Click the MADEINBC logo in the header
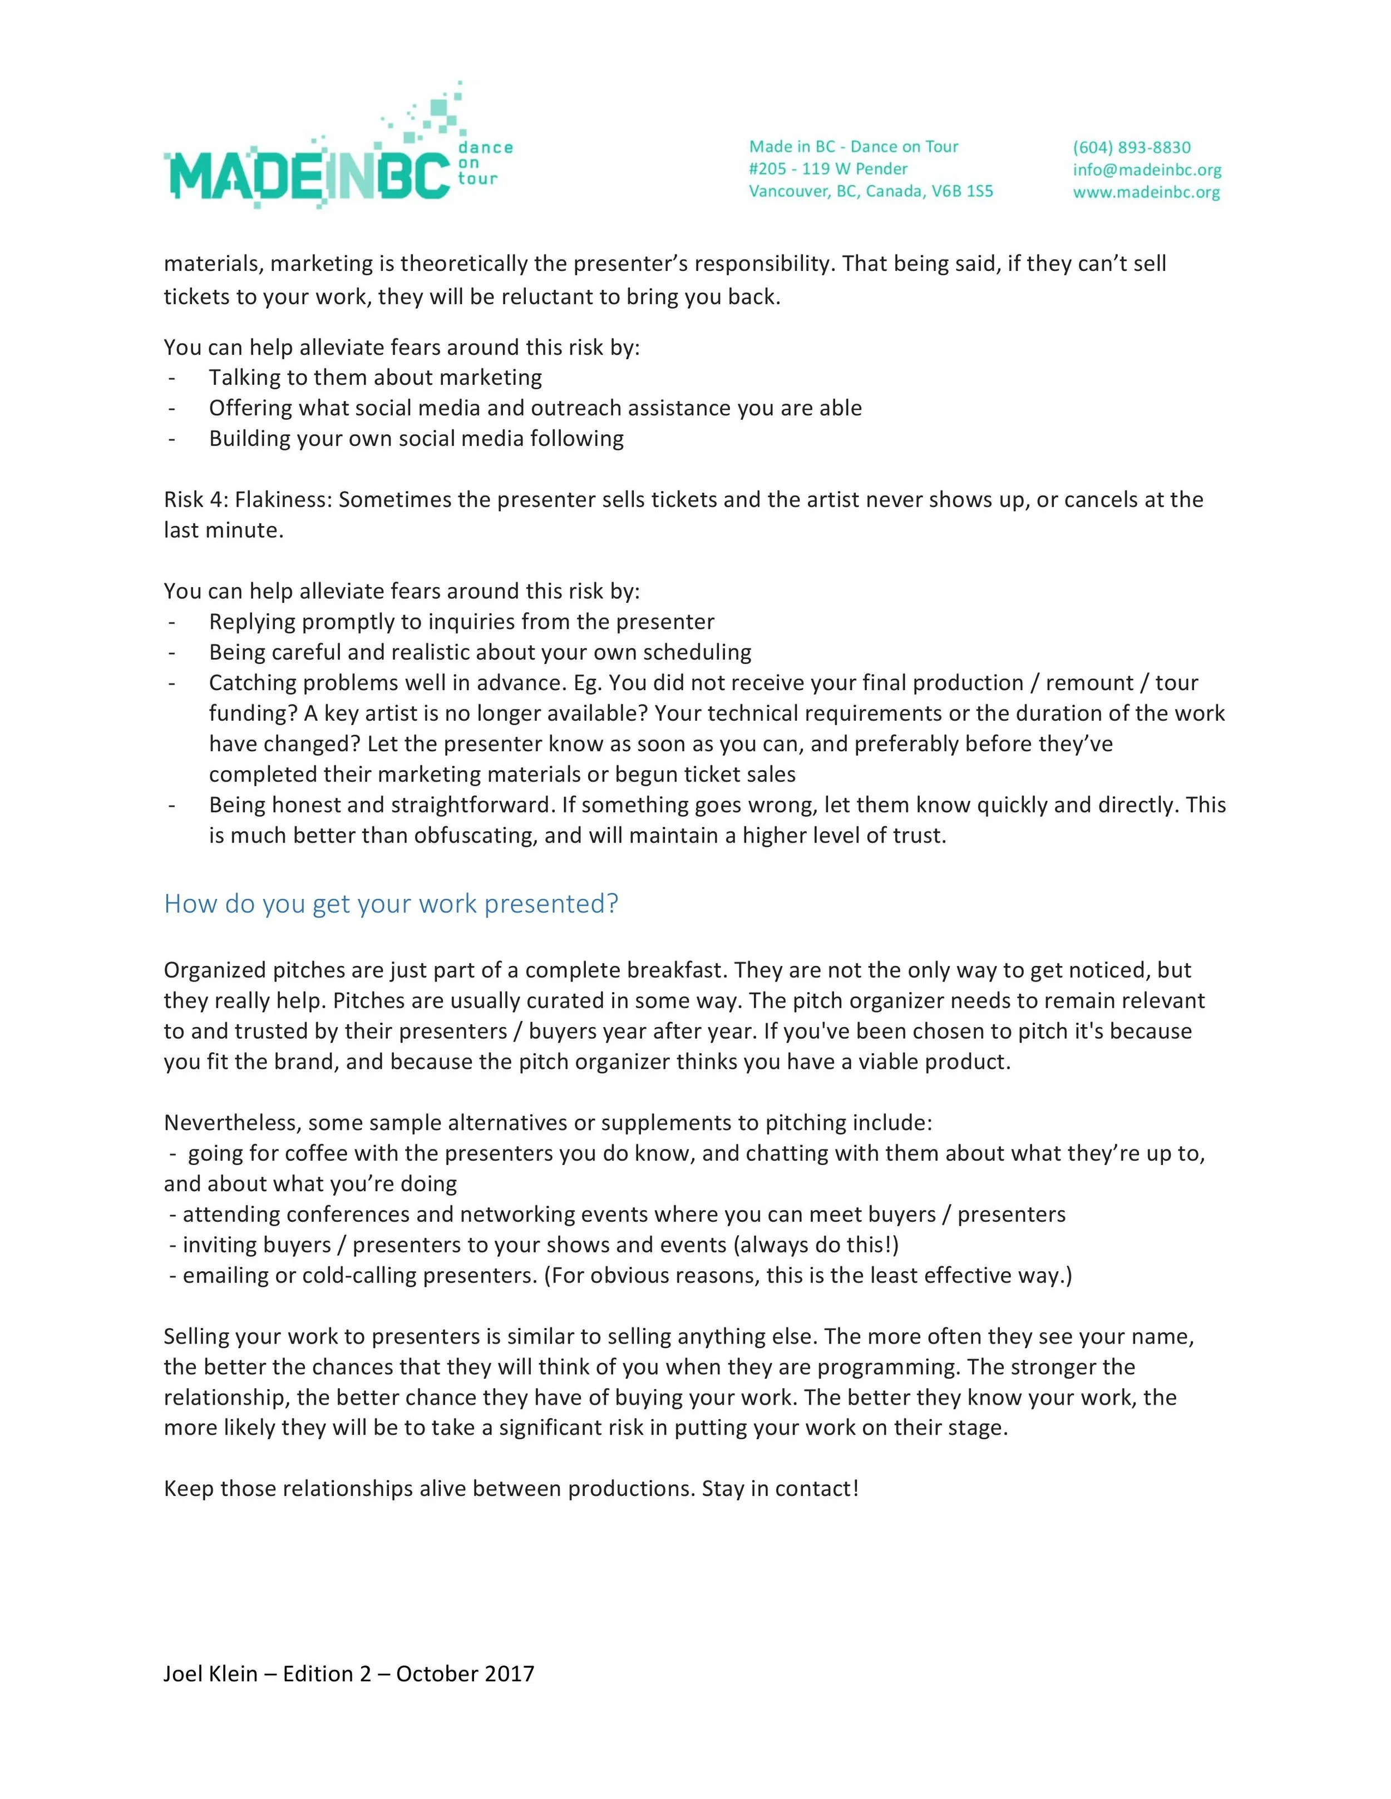pyautogui.click(x=307, y=175)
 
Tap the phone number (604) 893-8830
pyautogui.click(x=1131, y=147)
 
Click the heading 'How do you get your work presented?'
pyautogui.click(x=391, y=904)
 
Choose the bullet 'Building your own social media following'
pyautogui.click(x=416, y=438)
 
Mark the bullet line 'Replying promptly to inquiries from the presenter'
pyautogui.click(x=461, y=621)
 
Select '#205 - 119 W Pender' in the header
pyautogui.click(x=827, y=169)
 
